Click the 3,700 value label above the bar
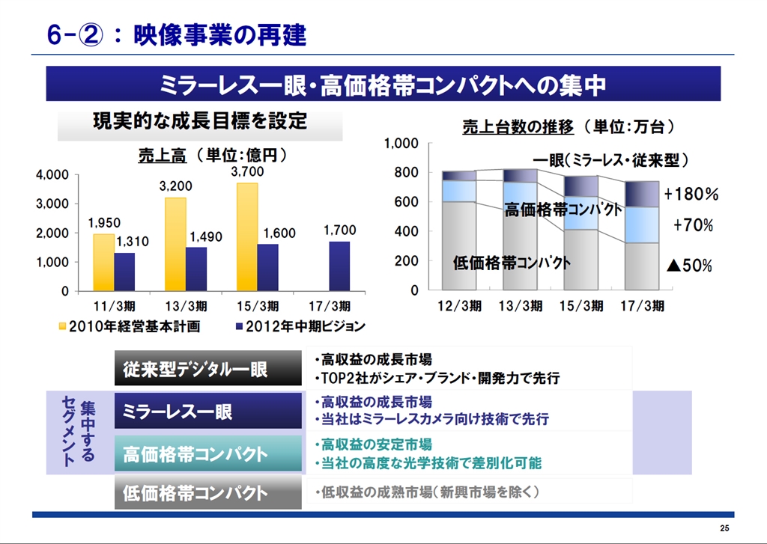click(x=247, y=172)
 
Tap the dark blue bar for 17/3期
click(x=339, y=266)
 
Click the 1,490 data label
click(x=206, y=237)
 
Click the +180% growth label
click(x=691, y=195)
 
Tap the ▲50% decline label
click(x=689, y=266)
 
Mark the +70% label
click(x=693, y=225)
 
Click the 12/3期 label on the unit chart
click(x=460, y=306)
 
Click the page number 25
click(x=724, y=529)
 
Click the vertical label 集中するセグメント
click(x=78, y=432)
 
